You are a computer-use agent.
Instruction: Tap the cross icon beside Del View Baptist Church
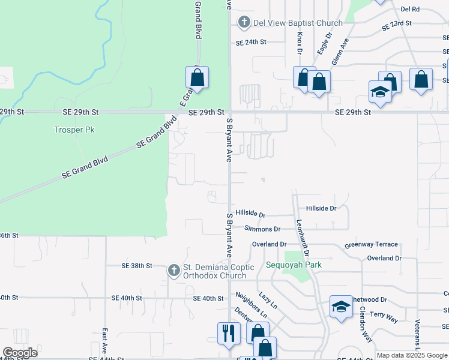244,23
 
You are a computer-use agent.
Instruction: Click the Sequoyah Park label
294,265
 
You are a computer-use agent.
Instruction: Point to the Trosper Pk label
74,130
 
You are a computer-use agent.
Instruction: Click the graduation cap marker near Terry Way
340,308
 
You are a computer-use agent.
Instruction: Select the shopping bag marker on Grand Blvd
197,77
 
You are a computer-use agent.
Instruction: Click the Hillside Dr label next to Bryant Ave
250,213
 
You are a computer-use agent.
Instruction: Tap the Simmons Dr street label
262,229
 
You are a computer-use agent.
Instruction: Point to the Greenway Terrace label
371,245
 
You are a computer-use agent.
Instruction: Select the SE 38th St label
137,265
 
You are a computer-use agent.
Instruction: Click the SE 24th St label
250,43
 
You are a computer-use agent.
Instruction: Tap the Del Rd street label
410,9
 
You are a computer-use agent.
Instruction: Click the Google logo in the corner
20,353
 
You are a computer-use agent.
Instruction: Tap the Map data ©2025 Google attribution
412,355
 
